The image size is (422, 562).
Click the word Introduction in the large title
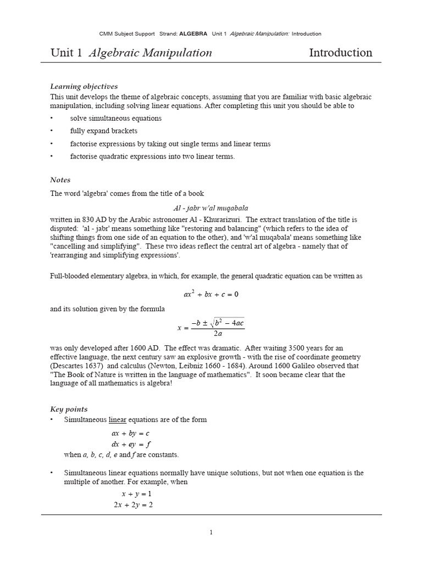(x=341, y=53)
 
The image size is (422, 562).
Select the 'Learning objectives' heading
(x=84, y=86)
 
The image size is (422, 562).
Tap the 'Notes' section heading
(x=60, y=180)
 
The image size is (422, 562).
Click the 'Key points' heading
(x=69, y=409)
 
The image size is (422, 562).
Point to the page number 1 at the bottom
(x=211, y=532)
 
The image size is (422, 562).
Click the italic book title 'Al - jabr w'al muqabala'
(x=211, y=209)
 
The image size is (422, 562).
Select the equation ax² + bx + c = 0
(x=211, y=294)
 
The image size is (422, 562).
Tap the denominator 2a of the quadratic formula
(x=218, y=333)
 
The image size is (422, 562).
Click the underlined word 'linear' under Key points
(x=118, y=420)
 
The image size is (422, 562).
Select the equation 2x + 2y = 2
(x=133, y=505)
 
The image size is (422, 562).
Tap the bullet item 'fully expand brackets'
(x=104, y=131)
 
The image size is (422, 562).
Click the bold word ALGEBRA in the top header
(x=194, y=33)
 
